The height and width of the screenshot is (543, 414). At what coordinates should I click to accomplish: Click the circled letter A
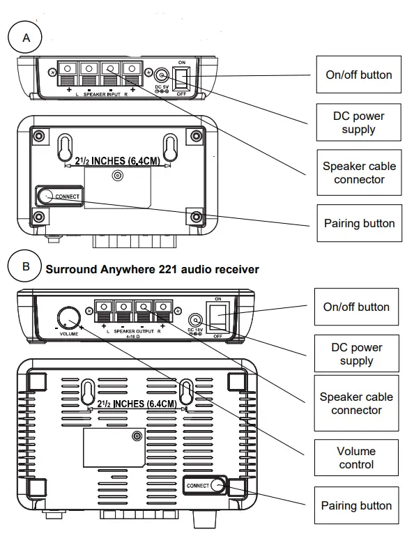point(26,38)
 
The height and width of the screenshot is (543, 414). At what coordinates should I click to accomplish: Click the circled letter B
point(26,266)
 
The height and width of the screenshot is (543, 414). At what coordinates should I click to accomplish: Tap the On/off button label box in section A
point(358,75)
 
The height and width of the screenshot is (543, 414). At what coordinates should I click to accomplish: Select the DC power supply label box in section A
point(358,123)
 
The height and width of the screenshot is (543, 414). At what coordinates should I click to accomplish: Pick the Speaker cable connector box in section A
point(358,172)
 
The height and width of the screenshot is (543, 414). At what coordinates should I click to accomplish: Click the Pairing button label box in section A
point(358,223)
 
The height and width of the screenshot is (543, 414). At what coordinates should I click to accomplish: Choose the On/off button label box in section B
point(356,307)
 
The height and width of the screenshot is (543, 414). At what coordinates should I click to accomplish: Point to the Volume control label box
point(356,458)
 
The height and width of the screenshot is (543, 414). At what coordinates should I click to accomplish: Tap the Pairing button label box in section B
point(356,505)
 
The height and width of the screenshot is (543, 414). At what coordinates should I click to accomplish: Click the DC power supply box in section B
point(356,354)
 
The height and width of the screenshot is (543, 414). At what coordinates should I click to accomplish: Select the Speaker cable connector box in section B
point(356,404)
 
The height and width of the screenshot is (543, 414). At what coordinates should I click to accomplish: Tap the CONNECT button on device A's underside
point(47,197)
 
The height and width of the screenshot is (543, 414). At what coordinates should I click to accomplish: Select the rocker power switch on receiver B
point(218,315)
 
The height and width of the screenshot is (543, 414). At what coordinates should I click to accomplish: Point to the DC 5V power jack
point(162,76)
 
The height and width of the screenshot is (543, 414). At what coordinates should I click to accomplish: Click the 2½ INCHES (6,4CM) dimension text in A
point(116,161)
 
